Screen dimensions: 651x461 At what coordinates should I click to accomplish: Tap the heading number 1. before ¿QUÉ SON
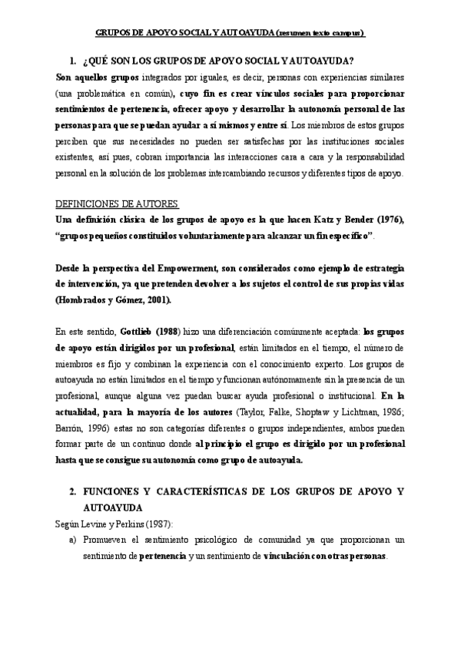tap(72, 61)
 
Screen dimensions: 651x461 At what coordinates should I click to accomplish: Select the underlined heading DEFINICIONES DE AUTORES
tap(118, 203)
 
